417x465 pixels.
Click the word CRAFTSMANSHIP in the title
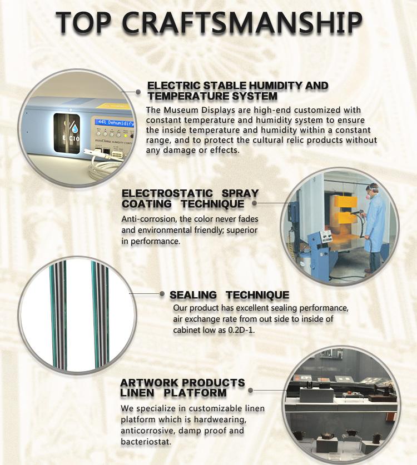pyautogui.click(x=242, y=22)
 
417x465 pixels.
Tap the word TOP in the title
pyautogui.click(x=84, y=22)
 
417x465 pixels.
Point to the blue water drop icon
pyautogui.click(x=75, y=128)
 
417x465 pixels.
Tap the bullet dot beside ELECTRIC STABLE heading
pyautogui.click(x=138, y=92)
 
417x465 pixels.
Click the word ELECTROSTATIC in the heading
pyautogui.click(x=167, y=193)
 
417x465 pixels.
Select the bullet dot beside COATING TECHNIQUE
pyautogui.click(x=254, y=203)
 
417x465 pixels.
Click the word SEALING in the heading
pyautogui.click(x=193, y=295)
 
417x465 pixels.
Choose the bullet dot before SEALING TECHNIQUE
pyautogui.click(x=162, y=294)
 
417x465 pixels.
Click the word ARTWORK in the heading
pyautogui.click(x=149, y=383)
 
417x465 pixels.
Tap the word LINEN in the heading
pyautogui.click(x=137, y=393)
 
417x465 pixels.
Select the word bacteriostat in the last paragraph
pyautogui.click(x=146, y=442)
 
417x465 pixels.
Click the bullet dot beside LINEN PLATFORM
pyautogui.click(x=250, y=390)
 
